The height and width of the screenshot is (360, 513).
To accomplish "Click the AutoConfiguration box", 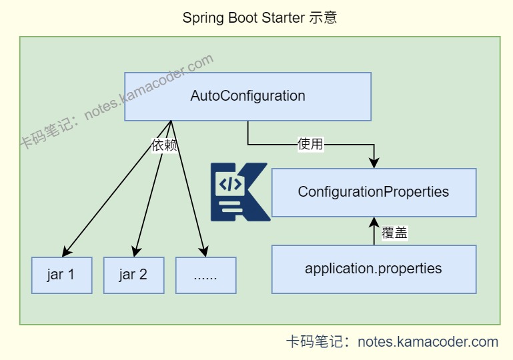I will pos(247,96).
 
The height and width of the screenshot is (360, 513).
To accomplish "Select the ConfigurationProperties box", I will pos(374,192).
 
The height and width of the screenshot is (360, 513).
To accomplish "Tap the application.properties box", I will pos(374,269).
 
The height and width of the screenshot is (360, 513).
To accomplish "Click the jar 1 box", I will pos(61,275).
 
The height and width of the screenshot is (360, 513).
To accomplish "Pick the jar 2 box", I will pos(133,275).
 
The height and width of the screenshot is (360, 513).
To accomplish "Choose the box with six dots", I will pos(205,275).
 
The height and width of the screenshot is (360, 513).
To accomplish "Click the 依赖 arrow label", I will pos(165,146).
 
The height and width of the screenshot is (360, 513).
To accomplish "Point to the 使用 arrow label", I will pos(310,144).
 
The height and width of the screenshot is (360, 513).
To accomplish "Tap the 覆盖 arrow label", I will pos(394,233).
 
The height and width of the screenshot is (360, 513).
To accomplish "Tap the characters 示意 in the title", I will pos(323,18).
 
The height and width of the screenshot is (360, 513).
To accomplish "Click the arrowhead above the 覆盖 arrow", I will pos(374,222).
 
